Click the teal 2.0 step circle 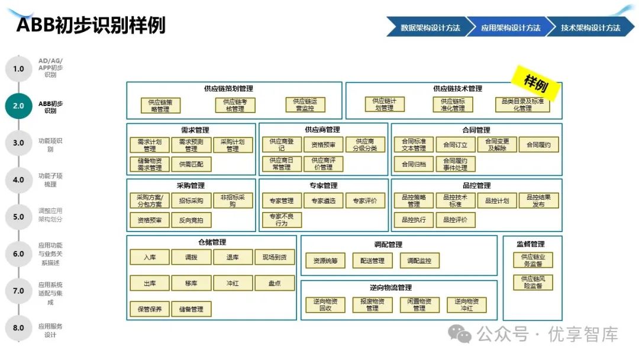[x=18, y=106]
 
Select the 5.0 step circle [x=18, y=217]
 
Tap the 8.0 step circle [x=18, y=327]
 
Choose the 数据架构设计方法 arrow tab [x=429, y=27]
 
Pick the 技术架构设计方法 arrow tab [x=590, y=27]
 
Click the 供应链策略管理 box [x=160, y=105]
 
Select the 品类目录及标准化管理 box [x=522, y=105]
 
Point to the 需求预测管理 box [x=191, y=145]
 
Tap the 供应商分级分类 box [x=364, y=145]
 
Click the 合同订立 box [x=455, y=145]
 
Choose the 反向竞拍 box [x=191, y=220]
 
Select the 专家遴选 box [x=323, y=201]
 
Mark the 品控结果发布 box [x=538, y=201]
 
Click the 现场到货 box [x=275, y=258]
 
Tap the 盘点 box [x=275, y=284]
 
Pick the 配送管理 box [x=372, y=261]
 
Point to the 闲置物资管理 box [x=419, y=305]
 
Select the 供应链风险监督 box [x=532, y=282]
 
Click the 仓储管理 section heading [x=211, y=242]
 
